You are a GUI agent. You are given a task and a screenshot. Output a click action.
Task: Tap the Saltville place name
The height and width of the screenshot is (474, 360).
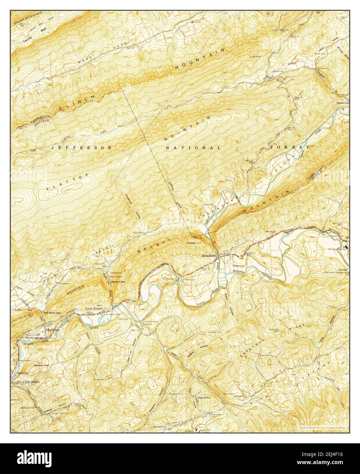pos(24,373)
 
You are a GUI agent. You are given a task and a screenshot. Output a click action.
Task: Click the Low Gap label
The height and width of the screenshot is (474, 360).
pos(190,243)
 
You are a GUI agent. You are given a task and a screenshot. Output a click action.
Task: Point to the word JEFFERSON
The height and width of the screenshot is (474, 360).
pos(81,148)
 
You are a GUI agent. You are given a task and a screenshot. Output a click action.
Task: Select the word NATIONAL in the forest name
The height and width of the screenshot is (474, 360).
pos(193,148)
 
